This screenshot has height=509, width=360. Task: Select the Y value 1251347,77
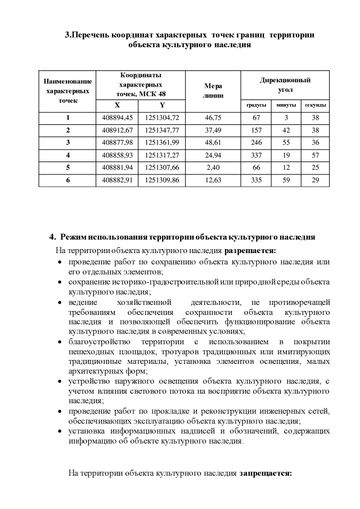[x=162, y=130]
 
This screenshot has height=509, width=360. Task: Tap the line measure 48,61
[x=213, y=142]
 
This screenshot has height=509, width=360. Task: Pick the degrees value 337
[x=256, y=155]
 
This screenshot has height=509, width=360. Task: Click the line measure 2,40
[x=213, y=167]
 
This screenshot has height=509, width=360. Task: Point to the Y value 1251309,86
[x=162, y=180]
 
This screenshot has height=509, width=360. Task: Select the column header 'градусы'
[x=256, y=105]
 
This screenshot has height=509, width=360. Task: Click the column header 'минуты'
[x=286, y=105]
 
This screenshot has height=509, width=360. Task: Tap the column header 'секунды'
[x=315, y=105]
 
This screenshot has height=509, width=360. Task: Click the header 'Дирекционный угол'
[x=285, y=85]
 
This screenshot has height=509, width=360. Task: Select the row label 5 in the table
[x=67, y=167]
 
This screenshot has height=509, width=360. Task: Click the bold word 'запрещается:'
[x=265, y=473]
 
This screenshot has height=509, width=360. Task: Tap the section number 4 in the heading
[x=52, y=237]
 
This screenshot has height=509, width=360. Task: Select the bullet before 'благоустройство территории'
[x=60, y=343]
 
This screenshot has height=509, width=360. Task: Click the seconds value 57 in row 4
[x=315, y=155]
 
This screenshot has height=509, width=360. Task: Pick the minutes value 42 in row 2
[x=286, y=130]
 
